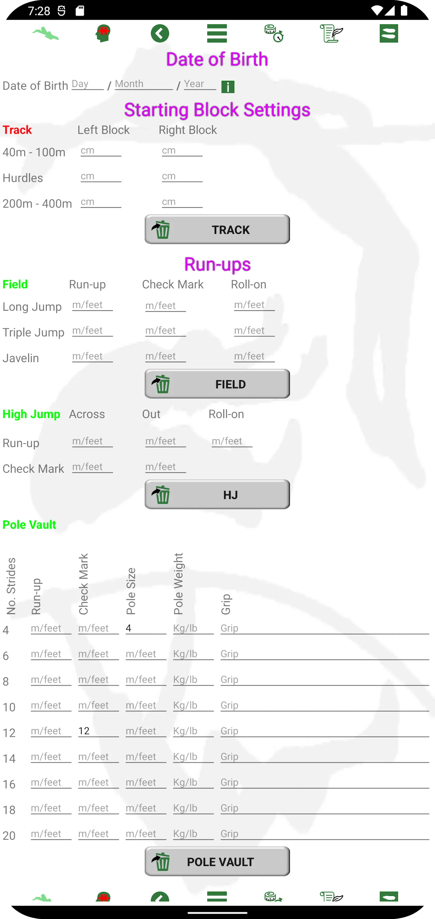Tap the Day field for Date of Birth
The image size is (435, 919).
click(87, 84)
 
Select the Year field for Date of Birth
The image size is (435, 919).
click(200, 84)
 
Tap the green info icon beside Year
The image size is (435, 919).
click(228, 87)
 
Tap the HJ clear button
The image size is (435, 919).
click(217, 495)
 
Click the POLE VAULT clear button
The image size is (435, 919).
click(217, 862)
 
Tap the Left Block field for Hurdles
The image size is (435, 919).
click(100, 176)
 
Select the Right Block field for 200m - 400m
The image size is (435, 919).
click(182, 202)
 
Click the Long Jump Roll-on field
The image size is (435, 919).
click(254, 305)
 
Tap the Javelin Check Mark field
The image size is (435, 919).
click(166, 356)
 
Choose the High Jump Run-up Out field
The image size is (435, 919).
click(166, 441)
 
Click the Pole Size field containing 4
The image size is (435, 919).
click(145, 628)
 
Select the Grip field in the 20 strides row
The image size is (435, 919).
click(324, 834)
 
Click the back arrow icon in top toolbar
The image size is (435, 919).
click(160, 34)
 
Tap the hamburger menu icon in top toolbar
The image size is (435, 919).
click(217, 34)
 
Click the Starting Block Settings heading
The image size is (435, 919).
click(217, 109)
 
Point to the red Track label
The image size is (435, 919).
click(17, 130)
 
